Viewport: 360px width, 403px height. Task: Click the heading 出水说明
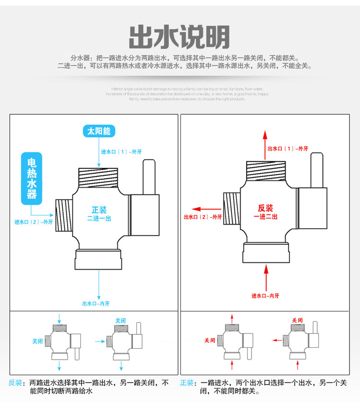point(180,36)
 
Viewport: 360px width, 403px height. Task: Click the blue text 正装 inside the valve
point(99,210)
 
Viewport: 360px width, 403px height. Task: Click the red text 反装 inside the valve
point(265,208)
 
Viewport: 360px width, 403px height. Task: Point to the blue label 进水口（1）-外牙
point(121,152)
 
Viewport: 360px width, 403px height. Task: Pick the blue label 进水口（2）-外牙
point(33,222)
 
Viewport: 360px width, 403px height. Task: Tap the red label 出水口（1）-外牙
point(288,149)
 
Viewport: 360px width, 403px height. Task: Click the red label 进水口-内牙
point(265,296)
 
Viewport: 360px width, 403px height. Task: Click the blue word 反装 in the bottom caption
point(15,383)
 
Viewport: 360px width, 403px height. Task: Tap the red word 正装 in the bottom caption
point(187,383)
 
